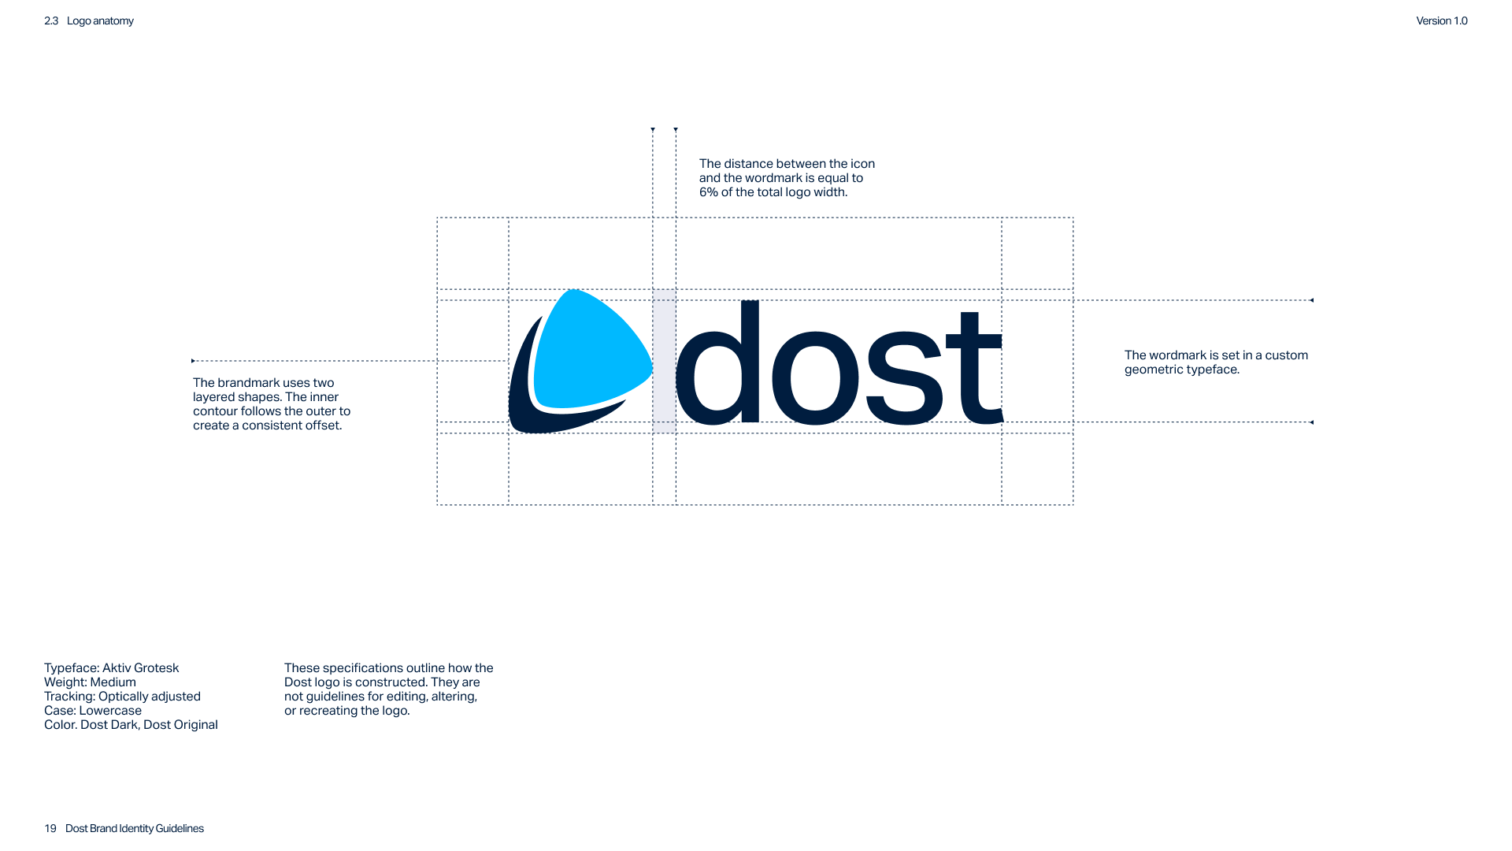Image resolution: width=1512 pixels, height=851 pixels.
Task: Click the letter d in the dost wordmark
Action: coord(717,366)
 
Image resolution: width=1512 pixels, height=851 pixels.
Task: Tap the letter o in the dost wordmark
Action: coord(814,379)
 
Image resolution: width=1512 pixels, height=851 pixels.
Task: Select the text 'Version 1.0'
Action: coord(1441,21)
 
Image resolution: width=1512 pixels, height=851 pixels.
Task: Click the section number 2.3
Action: coord(51,21)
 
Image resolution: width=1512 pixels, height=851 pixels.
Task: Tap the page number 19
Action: coord(50,828)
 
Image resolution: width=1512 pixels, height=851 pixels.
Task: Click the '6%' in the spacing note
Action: coord(708,192)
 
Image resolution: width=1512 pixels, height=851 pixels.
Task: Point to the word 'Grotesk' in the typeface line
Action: coord(157,668)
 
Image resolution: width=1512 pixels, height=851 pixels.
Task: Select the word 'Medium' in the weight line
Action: coord(113,682)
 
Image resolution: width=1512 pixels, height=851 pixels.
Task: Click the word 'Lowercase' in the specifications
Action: coord(110,711)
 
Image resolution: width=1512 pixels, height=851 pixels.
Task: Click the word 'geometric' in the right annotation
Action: coord(1152,370)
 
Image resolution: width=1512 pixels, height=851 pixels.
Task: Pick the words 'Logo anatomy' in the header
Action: coord(100,21)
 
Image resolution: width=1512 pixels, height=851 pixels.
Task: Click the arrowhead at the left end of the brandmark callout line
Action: coord(193,361)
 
